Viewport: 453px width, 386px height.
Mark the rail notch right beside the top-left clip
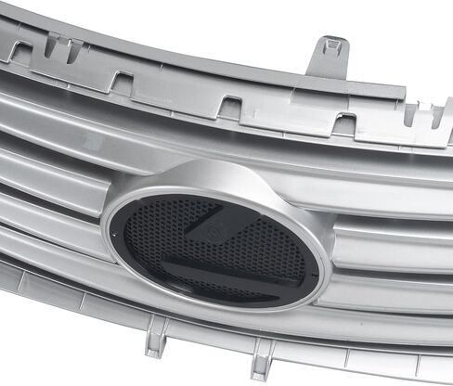(x=118, y=82)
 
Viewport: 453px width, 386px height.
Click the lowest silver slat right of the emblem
(x=390, y=320)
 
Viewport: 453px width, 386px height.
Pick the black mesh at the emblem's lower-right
(x=288, y=278)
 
